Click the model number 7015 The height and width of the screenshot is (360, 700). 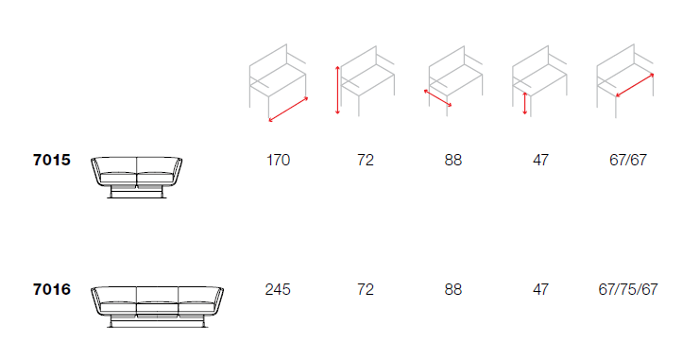pyautogui.click(x=52, y=160)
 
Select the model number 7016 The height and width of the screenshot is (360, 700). pyautogui.click(x=52, y=289)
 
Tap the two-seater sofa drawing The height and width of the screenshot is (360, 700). pyautogui.click(x=137, y=178)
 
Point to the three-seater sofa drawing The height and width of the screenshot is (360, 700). pyautogui.click(x=157, y=307)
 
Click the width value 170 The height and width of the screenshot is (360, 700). pyautogui.click(x=278, y=160)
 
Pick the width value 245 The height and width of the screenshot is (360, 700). pyautogui.click(x=278, y=289)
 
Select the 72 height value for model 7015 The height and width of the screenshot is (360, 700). pyautogui.click(x=366, y=160)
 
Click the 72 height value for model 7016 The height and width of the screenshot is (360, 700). pyautogui.click(x=366, y=289)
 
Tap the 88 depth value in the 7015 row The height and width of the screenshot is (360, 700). pyautogui.click(x=452, y=160)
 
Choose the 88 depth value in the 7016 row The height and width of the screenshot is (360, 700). pyautogui.click(x=452, y=289)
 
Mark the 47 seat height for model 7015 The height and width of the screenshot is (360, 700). pyautogui.click(x=540, y=160)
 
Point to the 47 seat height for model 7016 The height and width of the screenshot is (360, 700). pyautogui.click(x=540, y=289)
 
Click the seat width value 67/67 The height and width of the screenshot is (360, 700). pyautogui.click(x=627, y=160)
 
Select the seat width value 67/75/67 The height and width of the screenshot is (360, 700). pyautogui.click(x=627, y=289)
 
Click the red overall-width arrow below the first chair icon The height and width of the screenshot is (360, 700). pyautogui.click(x=288, y=109)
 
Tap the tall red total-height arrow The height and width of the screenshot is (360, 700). pyautogui.click(x=337, y=90)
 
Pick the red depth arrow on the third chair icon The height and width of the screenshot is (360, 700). pyautogui.click(x=437, y=98)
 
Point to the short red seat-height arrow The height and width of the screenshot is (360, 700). pyautogui.click(x=525, y=104)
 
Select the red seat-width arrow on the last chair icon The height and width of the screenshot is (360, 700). pyautogui.click(x=635, y=85)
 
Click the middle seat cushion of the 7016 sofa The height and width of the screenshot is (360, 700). pyautogui.click(x=157, y=307)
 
